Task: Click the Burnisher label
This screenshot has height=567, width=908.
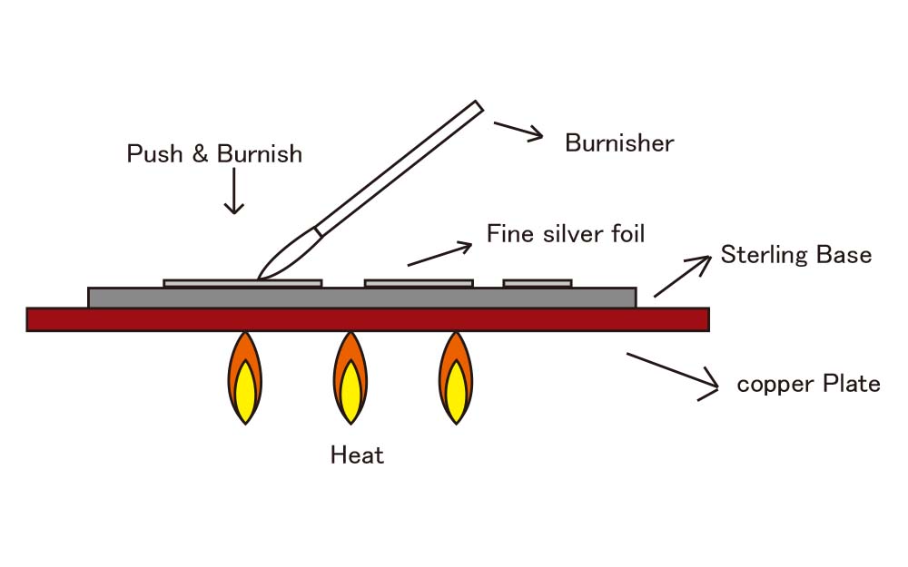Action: pyautogui.click(x=618, y=143)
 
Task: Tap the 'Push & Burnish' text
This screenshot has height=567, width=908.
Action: pyautogui.click(x=214, y=154)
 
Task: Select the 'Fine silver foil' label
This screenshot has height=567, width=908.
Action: pyautogui.click(x=566, y=234)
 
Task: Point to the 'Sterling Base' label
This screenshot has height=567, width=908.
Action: pyautogui.click(x=795, y=255)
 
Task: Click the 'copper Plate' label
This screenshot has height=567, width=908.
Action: pyautogui.click(x=808, y=384)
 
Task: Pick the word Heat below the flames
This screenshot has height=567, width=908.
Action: pyautogui.click(x=357, y=455)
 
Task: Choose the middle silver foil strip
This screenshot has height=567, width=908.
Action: pyautogui.click(x=419, y=283)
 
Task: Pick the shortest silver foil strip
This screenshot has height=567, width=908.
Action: pyautogui.click(x=538, y=283)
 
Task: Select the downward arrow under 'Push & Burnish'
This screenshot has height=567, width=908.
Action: pyautogui.click(x=235, y=191)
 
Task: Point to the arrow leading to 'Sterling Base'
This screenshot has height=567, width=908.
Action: pyautogui.click(x=682, y=276)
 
